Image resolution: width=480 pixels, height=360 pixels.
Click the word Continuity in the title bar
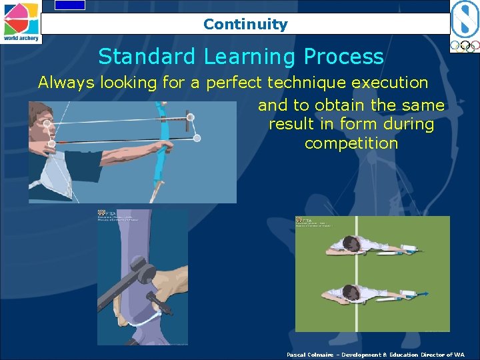245,25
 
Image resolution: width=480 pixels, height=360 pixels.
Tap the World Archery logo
21,22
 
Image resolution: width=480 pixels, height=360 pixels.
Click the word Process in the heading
346,57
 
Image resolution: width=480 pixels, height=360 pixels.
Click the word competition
351,143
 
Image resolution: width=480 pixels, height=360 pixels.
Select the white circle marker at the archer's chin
51,144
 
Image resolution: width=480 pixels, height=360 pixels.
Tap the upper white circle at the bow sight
190,117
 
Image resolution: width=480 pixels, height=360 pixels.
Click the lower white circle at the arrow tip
197,138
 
